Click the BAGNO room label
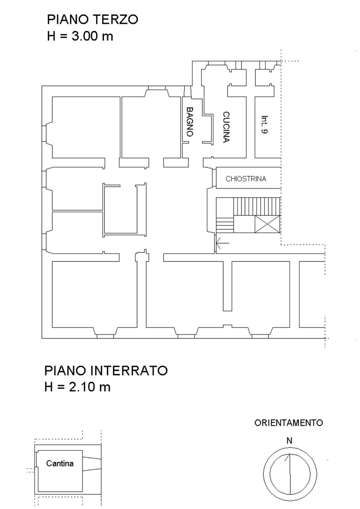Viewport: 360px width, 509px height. pyautogui.click(x=190, y=122)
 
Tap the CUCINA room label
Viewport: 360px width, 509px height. pyautogui.click(x=226, y=127)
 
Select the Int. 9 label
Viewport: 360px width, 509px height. pyautogui.click(x=264, y=125)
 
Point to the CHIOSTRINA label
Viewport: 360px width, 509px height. pyautogui.click(x=246, y=179)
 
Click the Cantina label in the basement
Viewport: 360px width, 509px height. pyautogui.click(x=60, y=463)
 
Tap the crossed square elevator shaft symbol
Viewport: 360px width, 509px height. pyautogui.click(x=267, y=224)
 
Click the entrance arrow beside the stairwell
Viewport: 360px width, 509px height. pyautogui.click(x=223, y=243)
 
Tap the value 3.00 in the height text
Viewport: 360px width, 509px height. pyautogui.click(x=85, y=36)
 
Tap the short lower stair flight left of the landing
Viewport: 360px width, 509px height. pyautogui.click(x=225, y=225)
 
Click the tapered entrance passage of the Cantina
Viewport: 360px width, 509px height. pyautogui.click(x=92, y=464)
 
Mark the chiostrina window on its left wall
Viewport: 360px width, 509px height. pyautogui.click(x=214, y=178)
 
